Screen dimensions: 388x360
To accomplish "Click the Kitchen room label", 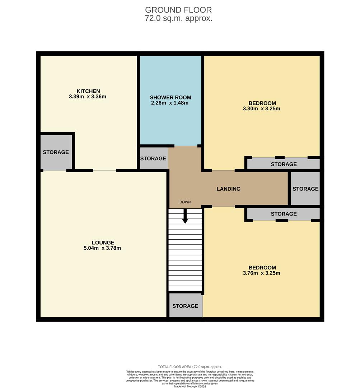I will pos(88,91).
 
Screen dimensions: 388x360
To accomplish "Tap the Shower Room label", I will pos(170,97).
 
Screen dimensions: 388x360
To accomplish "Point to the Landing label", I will pos(228,189).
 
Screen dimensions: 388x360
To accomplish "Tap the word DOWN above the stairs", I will pos(185,202).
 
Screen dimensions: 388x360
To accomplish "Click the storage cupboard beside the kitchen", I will pos(56,152).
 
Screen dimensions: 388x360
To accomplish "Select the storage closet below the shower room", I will pos(153,158).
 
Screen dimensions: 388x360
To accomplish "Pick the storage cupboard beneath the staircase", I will pos(185,306).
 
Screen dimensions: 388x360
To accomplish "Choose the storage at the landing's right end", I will pos(305,189).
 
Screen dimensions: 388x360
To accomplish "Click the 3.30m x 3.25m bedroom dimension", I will pos(262,108).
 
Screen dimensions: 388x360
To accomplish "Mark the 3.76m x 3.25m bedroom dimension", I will pos(262,273).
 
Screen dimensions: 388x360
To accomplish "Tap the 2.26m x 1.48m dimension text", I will pos(170,103).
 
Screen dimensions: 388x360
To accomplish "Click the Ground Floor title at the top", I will pos(178,10).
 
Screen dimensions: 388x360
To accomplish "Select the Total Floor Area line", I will pos(190,367).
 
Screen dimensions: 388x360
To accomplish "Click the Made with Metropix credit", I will pos(190,386).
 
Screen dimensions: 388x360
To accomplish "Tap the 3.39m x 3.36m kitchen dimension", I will pos(88,97).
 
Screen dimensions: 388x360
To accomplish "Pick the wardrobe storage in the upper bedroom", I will pos(284,164).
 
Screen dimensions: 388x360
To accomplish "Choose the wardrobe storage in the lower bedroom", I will pos(284,214).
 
